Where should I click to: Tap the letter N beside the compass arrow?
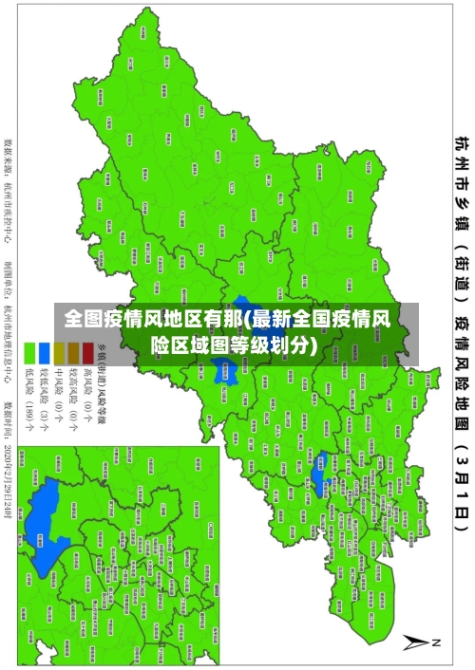438,642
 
